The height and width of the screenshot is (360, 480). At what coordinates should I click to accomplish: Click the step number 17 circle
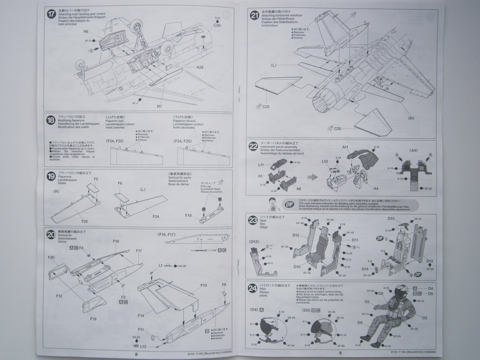(51, 13)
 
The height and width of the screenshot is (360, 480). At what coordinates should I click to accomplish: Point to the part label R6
(86, 32)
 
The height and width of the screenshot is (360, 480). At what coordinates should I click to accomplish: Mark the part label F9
(224, 285)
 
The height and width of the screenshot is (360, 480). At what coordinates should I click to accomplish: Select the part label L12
(144, 346)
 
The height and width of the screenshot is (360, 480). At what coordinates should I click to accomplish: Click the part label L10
(325, 161)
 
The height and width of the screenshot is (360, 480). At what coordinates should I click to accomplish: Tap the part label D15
(391, 219)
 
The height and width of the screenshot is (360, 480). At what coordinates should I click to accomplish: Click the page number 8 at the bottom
(137, 353)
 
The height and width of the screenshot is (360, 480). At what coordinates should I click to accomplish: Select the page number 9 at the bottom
(340, 353)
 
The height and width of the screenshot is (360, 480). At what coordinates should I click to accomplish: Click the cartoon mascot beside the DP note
(271, 203)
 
